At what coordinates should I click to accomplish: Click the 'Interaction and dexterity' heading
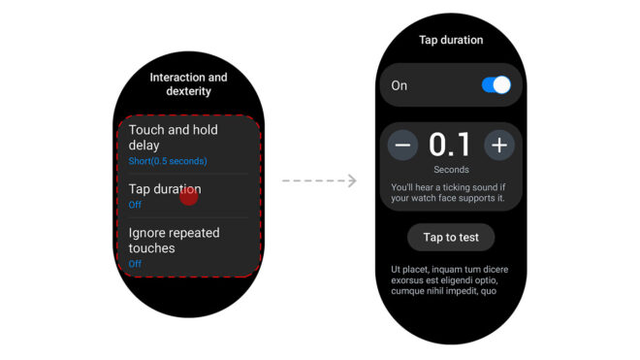click(x=188, y=83)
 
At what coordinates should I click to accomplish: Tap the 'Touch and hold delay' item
click(x=173, y=137)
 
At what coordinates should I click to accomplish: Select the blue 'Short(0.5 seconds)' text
click(x=168, y=161)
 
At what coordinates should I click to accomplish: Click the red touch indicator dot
click(x=188, y=197)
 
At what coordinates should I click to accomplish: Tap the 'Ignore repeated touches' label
click(x=174, y=241)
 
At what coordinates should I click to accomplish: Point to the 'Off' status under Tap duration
click(x=135, y=205)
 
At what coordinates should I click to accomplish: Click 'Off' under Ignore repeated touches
click(x=135, y=264)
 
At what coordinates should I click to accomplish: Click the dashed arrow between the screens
click(x=319, y=180)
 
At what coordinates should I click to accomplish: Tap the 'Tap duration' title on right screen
click(x=451, y=40)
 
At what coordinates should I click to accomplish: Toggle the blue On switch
click(x=496, y=85)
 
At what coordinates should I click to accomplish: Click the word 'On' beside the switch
click(x=399, y=85)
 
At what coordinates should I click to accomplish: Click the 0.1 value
click(x=450, y=145)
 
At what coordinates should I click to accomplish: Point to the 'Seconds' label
click(x=451, y=170)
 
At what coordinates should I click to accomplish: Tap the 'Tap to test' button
click(x=451, y=237)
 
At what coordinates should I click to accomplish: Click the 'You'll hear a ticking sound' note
click(x=448, y=192)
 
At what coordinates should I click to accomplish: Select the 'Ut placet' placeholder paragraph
click(x=449, y=280)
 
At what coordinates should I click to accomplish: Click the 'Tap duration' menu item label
click(x=165, y=189)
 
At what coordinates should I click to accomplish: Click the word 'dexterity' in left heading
click(x=188, y=91)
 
